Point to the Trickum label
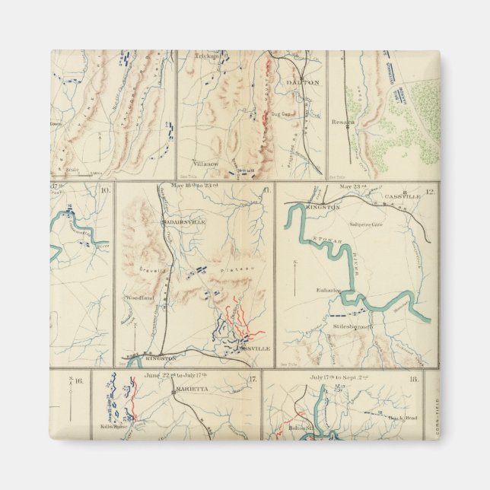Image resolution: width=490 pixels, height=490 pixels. click(x=206, y=56)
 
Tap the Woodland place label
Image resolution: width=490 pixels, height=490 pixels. click(x=140, y=297)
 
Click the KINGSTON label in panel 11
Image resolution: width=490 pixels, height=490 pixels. click(x=160, y=357)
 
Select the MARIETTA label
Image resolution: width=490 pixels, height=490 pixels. click(x=192, y=387)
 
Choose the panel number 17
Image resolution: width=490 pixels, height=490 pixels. click(x=253, y=378)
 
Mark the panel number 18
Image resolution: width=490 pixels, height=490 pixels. click(x=414, y=377)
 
